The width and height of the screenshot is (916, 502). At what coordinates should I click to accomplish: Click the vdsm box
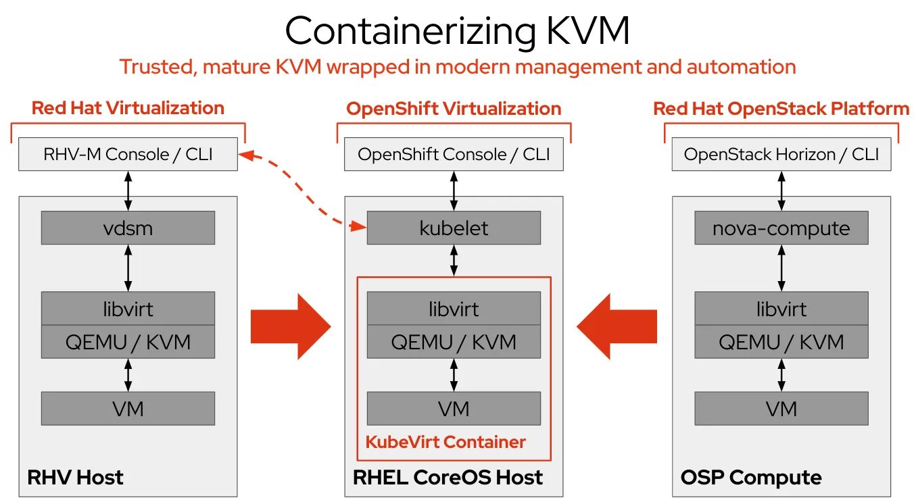point(128,228)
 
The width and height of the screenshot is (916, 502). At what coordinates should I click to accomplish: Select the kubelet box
point(454,228)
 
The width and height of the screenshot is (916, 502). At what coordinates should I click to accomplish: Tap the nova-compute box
point(781,228)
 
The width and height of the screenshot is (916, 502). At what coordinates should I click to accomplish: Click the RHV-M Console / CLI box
point(128,154)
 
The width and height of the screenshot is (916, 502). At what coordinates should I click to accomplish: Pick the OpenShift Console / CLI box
point(454,154)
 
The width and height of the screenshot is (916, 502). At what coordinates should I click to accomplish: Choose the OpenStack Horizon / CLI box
point(781,154)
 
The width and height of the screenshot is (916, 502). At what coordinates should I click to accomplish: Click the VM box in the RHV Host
point(128,408)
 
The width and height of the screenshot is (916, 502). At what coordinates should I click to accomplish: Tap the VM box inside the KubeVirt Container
point(454,408)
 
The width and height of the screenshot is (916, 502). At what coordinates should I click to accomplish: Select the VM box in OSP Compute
point(781,408)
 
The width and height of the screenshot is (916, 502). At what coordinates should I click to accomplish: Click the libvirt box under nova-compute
point(781,308)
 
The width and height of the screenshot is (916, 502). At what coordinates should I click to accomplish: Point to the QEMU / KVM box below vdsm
point(128,342)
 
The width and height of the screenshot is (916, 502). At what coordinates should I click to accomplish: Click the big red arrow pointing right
point(291,326)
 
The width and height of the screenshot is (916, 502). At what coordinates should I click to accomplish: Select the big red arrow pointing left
point(617,326)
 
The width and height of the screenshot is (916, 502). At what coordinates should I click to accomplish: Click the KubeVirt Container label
point(445,442)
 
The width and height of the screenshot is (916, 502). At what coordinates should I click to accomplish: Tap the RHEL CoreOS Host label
point(448,477)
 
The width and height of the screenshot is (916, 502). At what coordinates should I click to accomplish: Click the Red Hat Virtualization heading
point(128,108)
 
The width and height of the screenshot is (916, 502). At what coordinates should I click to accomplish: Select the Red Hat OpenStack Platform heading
point(781,109)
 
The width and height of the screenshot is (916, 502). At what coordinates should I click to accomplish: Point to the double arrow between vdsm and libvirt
point(128,268)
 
